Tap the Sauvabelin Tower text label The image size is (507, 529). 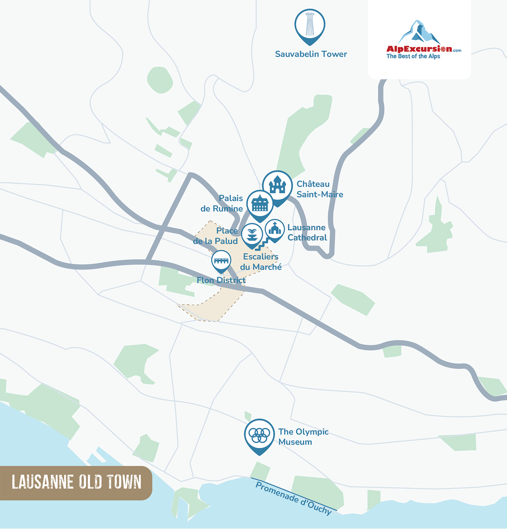click(311, 54)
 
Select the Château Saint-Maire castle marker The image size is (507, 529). click(277, 186)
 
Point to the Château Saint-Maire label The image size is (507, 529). click(319, 189)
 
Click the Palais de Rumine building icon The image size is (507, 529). click(260, 204)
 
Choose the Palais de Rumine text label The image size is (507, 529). click(222, 203)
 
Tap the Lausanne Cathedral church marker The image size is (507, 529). click(275, 230)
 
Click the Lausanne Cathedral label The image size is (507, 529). click(307, 232)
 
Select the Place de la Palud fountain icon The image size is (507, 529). click(252, 234)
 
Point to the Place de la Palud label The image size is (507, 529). click(216, 236)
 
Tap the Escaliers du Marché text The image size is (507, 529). click(261, 262)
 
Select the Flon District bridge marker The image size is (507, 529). click(221, 261)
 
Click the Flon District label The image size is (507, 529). click(221, 280)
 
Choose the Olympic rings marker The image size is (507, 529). click(259, 434)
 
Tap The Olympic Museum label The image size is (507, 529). click(303, 437)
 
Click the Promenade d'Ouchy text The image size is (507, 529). click(293, 498)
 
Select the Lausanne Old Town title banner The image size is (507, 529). click(76, 483)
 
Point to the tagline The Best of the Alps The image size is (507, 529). click(413, 57)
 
